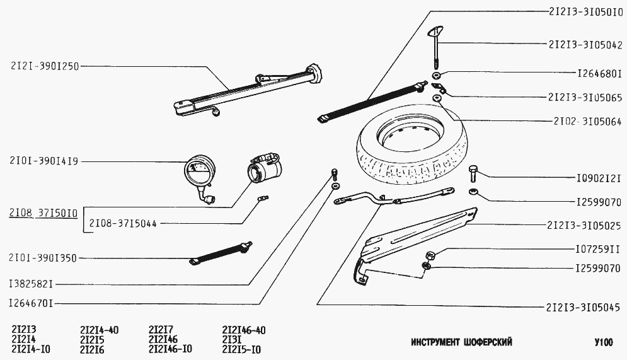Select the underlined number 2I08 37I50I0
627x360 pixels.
click(x=43, y=213)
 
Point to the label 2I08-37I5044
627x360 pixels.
click(x=123, y=223)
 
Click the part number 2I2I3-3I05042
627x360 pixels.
click(x=585, y=45)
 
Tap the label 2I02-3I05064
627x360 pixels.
click(x=587, y=121)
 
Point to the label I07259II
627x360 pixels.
click(x=598, y=248)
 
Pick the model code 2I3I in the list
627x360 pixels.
click(x=231, y=339)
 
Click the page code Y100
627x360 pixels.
click(x=603, y=342)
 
